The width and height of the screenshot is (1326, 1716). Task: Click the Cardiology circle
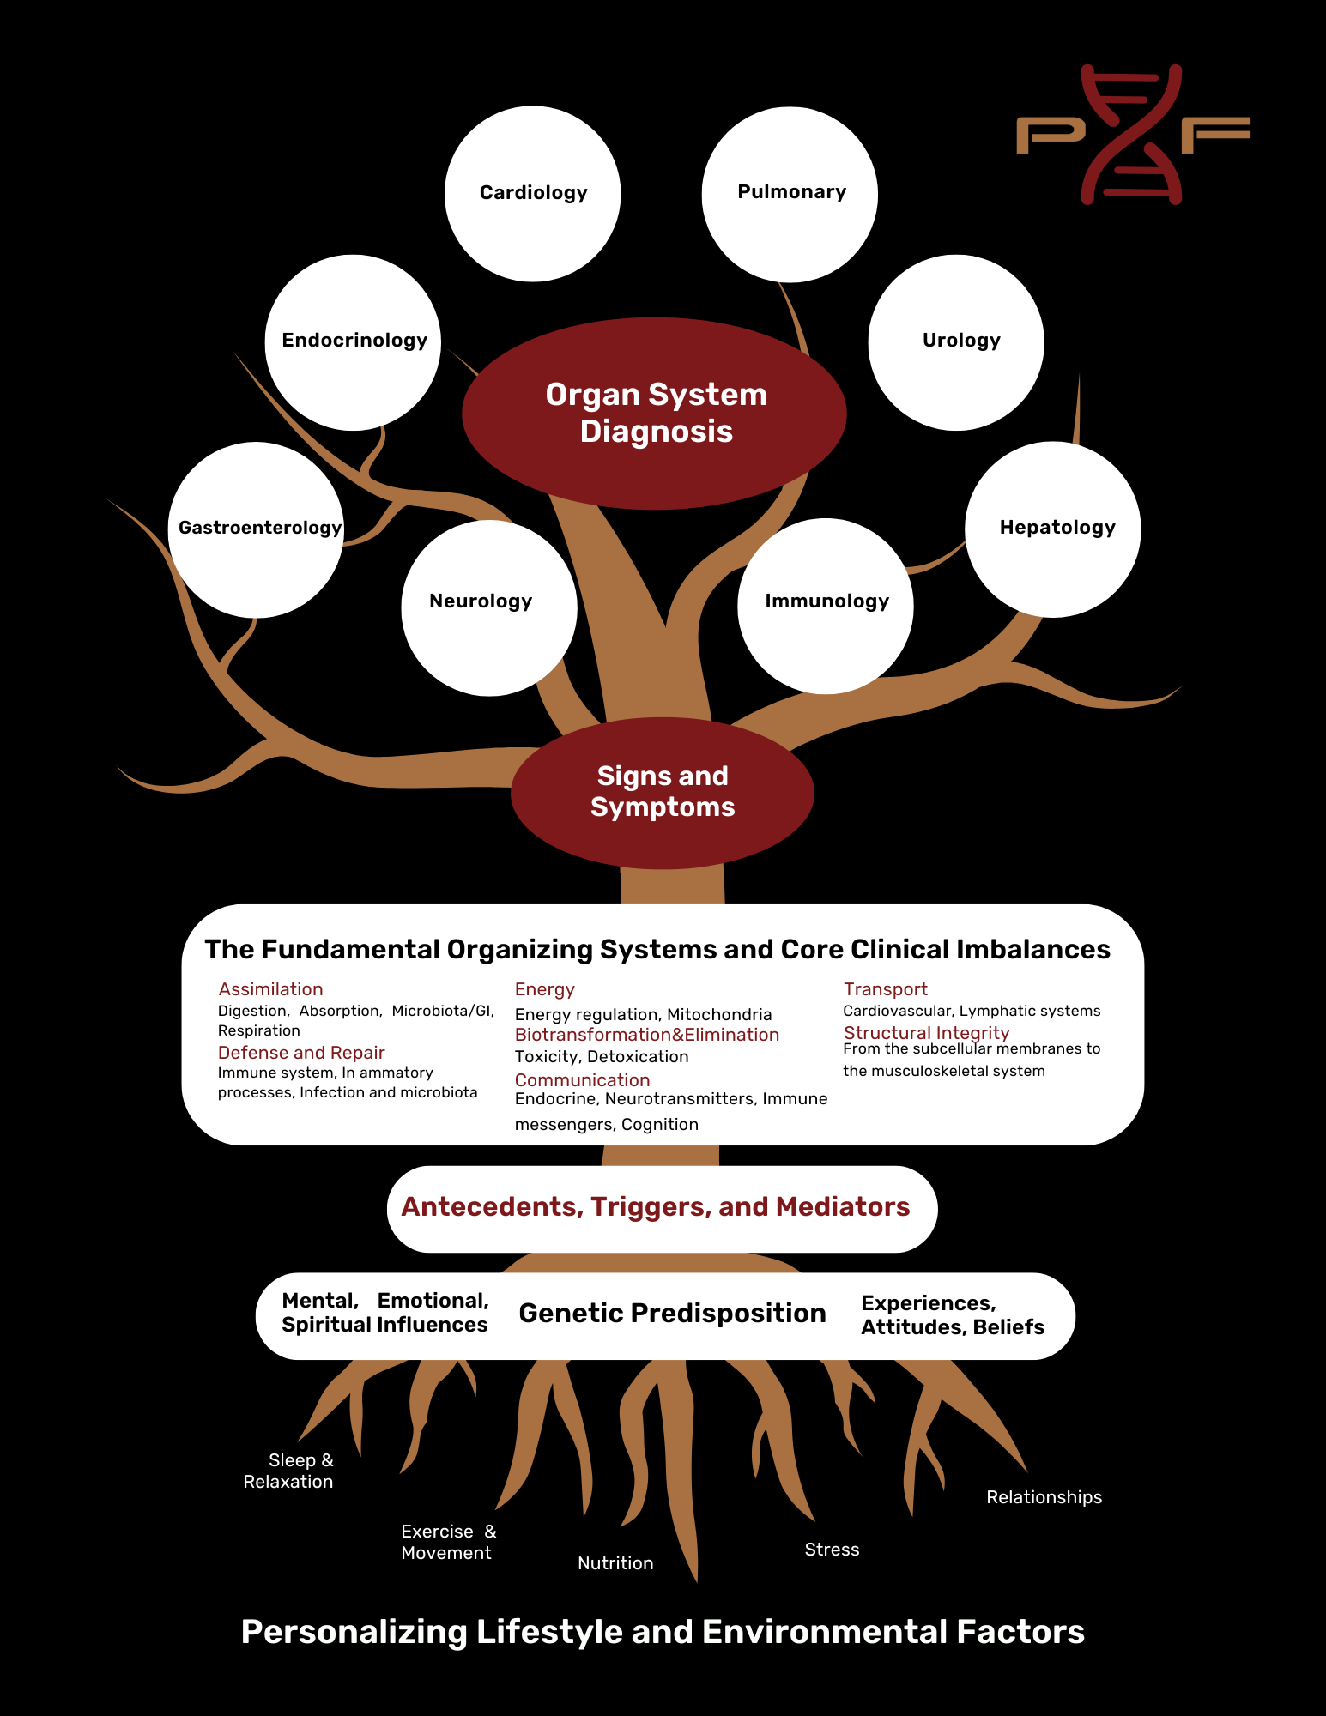pyautogui.click(x=532, y=194)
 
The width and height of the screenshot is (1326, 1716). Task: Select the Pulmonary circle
pyautogui.click(x=790, y=194)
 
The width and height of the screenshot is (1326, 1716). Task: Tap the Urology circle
pyautogui.click(x=956, y=342)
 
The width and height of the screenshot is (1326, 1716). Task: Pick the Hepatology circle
pyautogui.click(x=1053, y=529)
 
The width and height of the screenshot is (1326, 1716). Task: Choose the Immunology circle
pyautogui.click(x=826, y=606)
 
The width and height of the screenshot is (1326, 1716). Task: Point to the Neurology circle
pyautogui.click(x=488, y=607)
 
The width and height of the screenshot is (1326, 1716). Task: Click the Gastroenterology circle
pyautogui.click(x=256, y=529)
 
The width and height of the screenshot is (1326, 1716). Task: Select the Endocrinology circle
pyautogui.click(x=353, y=342)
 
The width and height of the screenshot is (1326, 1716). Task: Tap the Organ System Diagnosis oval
pyautogui.click(x=655, y=413)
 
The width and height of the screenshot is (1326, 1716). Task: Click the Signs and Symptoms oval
pyautogui.click(x=662, y=792)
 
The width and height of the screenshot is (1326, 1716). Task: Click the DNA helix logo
pyautogui.click(x=1132, y=134)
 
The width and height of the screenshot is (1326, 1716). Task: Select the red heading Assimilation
pyautogui.click(x=270, y=989)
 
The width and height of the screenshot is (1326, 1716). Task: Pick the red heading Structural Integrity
pyautogui.click(x=926, y=1033)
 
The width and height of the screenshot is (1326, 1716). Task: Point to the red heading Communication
pyautogui.click(x=582, y=1080)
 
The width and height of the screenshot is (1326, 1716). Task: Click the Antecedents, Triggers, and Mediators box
pyautogui.click(x=661, y=1208)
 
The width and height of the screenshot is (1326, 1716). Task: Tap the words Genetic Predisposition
pyautogui.click(x=672, y=1314)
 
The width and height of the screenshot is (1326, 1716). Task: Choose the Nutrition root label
pyautogui.click(x=615, y=1563)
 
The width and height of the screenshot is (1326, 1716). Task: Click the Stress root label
pyautogui.click(x=832, y=1550)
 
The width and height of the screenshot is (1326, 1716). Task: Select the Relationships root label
pyautogui.click(x=1044, y=1497)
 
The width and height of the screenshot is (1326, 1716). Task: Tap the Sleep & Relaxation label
pyautogui.click(x=289, y=1471)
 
